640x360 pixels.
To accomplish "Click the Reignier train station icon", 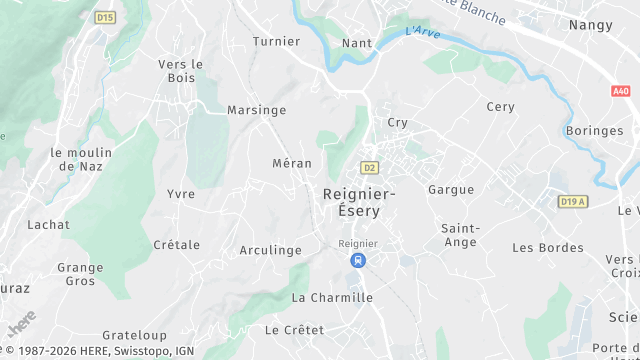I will [357, 260].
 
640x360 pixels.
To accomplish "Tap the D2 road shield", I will [370, 168].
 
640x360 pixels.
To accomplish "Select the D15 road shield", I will [105, 17].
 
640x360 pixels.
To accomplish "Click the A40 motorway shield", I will [621, 91].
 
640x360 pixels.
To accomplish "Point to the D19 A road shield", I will [573, 201].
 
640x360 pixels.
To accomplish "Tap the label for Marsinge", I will [257, 110].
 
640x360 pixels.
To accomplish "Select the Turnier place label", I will [276, 41].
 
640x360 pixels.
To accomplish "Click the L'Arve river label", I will [424, 32].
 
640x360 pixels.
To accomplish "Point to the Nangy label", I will [590, 24].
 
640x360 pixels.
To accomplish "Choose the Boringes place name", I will [593, 131].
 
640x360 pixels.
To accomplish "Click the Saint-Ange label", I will [460, 235].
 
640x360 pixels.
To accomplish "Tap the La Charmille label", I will [332, 298].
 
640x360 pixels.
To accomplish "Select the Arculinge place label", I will [271, 250].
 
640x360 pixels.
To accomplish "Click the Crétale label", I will [177, 245].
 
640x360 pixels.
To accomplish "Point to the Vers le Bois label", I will [181, 71].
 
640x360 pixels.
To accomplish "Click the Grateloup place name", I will [135, 335].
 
